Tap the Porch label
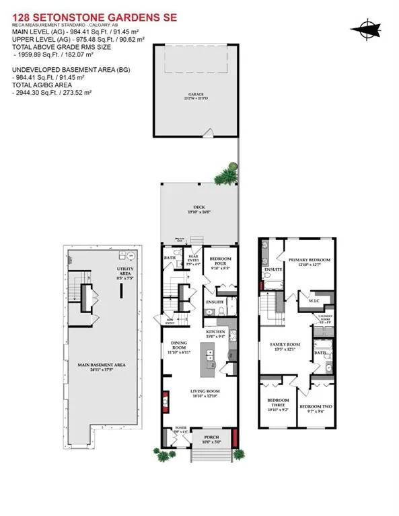coord(212,440)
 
